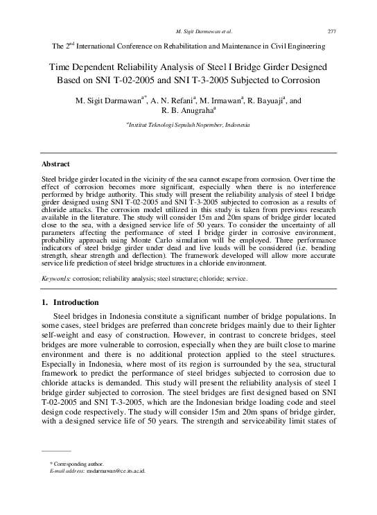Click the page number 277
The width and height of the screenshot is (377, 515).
coord(331,31)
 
